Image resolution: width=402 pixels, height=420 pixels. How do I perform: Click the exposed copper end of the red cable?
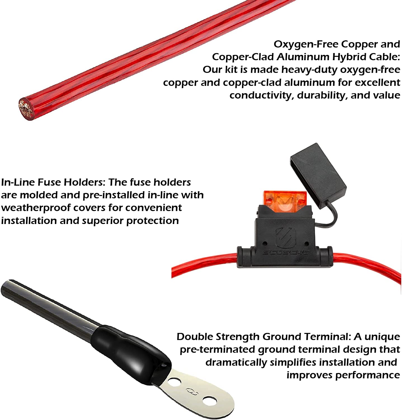[x=26, y=109]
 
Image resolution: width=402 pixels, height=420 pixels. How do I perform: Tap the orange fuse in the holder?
[x=285, y=201]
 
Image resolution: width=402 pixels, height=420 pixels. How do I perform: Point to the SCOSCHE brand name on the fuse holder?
[x=286, y=253]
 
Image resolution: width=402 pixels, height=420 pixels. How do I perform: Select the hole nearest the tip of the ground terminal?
[x=210, y=401]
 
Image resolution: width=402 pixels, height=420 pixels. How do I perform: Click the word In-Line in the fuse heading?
[x=18, y=182]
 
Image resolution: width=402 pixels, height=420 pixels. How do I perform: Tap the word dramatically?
[x=236, y=363]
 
